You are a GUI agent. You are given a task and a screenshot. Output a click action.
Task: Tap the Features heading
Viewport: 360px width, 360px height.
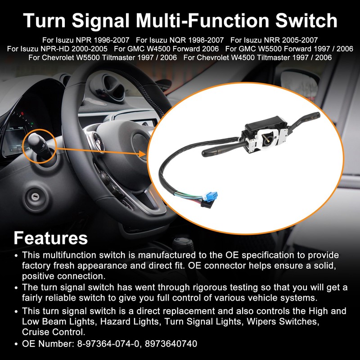[50, 237]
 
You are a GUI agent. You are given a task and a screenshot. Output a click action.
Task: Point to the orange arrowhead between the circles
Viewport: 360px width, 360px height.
[143, 154]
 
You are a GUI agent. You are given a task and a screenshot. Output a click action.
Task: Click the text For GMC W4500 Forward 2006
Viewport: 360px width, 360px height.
[166, 49]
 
